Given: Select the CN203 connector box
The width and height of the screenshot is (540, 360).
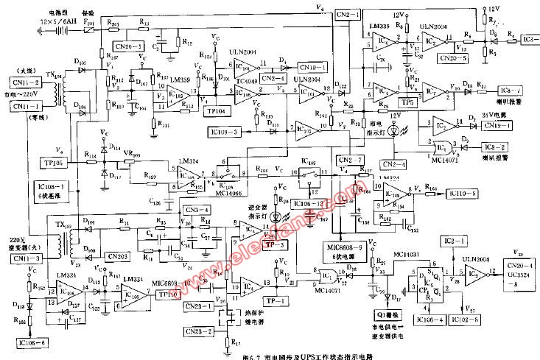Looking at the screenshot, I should (x=118, y=255).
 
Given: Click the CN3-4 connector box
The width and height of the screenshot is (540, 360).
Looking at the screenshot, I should (x=197, y=211).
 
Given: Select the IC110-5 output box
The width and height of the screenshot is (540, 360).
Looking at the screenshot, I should (x=466, y=193).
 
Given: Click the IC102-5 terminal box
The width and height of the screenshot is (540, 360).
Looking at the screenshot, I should (x=466, y=319).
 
